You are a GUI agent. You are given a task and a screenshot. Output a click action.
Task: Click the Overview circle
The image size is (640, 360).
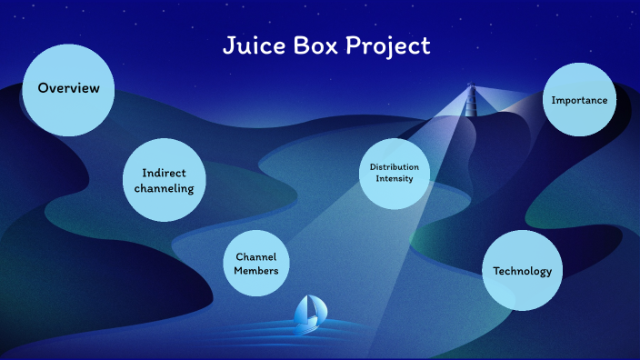coord(68,89)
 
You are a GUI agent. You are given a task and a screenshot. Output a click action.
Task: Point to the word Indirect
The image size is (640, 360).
coord(165,173)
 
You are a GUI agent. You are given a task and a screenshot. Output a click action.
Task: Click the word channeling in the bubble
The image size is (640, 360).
coord(165,188)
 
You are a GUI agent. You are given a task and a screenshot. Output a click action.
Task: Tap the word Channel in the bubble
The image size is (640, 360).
coord(255,257)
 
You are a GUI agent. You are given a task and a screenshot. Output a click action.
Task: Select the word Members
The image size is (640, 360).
coord(255,271)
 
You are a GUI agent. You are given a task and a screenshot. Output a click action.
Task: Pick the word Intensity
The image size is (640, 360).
coord(395,178)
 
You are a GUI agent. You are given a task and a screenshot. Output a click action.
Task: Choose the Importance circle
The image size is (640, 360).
coord(579,100)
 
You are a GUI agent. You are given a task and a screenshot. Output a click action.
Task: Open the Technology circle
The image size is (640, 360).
coord(522,271)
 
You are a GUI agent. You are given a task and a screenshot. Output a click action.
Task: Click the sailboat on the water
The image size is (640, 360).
coord(309,311)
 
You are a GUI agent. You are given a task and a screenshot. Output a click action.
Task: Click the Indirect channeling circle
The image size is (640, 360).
coord(165,180)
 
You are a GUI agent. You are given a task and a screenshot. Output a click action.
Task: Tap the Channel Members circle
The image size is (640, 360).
coord(255,264)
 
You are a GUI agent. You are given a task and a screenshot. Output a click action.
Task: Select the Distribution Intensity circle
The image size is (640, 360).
coord(395,172)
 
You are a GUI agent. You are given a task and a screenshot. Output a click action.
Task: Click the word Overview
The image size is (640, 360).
coord(68,88)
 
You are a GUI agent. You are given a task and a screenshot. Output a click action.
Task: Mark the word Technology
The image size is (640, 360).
coord(522,271)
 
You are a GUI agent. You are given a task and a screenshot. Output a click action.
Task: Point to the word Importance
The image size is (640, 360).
coord(579,100)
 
